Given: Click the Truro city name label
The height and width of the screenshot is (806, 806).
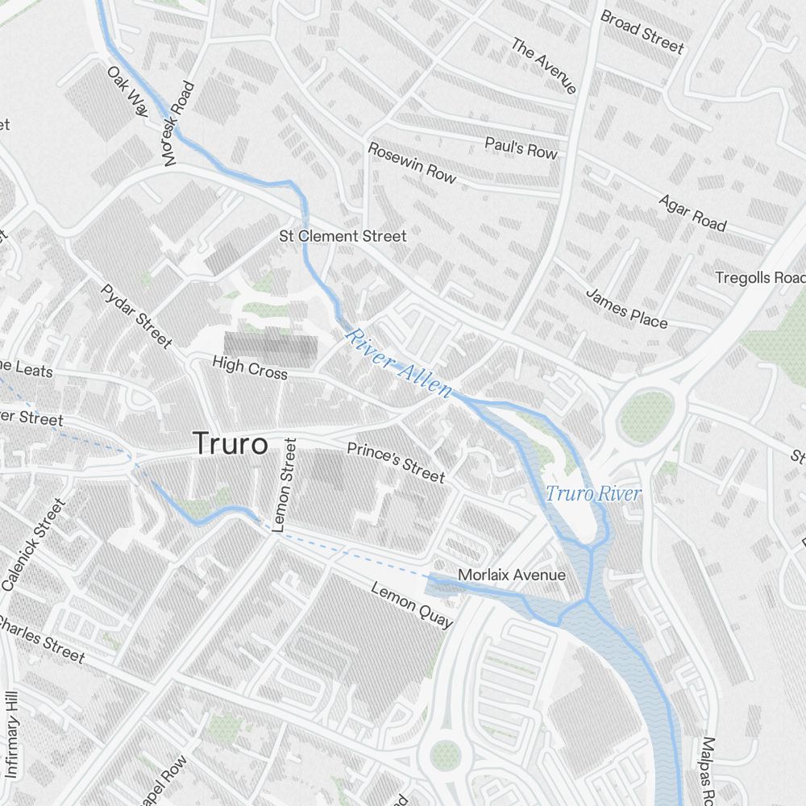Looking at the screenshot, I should [230, 444].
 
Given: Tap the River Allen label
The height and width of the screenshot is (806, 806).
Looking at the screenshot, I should [398, 361].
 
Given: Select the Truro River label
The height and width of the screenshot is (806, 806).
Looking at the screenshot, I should [593, 493].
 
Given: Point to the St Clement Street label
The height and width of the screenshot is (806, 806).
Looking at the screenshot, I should [343, 236].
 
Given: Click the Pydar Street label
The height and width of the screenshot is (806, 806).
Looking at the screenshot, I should [136, 316].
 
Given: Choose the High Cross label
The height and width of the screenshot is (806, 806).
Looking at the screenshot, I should [249, 368].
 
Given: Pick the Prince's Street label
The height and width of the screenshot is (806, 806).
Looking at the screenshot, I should [396, 462].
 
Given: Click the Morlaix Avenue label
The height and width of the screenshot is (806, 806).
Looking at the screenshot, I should [511, 575].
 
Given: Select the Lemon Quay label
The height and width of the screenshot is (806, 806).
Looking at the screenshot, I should [411, 604].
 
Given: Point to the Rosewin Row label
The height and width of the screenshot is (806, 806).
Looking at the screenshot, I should [412, 162].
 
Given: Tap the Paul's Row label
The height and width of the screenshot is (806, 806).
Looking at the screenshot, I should [521, 147].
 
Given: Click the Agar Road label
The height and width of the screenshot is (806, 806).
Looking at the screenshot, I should [692, 212].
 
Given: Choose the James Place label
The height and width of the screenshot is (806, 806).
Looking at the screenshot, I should [626, 308].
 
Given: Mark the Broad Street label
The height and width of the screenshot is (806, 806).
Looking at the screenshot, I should [642, 32].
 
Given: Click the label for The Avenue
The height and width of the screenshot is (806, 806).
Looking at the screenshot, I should [544, 65].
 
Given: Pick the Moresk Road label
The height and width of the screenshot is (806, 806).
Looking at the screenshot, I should [178, 123].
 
